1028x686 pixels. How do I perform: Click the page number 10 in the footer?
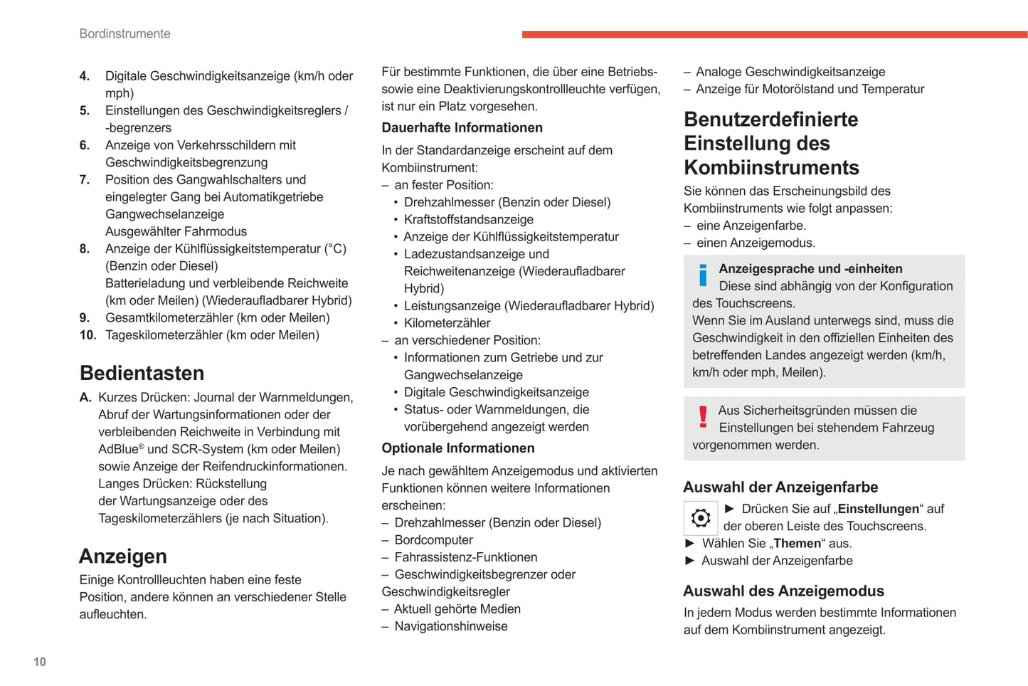(x=40, y=662)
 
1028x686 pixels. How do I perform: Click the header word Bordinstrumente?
(x=124, y=33)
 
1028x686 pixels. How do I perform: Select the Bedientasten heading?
(x=142, y=373)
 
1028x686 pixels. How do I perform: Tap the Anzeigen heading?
(x=123, y=556)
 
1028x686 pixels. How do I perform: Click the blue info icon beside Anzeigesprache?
(x=703, y=275)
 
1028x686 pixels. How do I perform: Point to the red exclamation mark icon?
(x=703, y=416)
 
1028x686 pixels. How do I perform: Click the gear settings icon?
(x=701, y=518)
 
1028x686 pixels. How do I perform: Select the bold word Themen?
(x=797, y=544)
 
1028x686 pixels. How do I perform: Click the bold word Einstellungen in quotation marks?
(x=878, y=509)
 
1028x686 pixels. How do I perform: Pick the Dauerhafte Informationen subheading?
(x=462, y=127)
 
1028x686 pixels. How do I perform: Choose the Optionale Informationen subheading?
(x=458, y=448)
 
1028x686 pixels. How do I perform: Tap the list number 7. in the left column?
(x=85, y=180)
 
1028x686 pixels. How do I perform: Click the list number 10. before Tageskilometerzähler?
(x=88, y=335)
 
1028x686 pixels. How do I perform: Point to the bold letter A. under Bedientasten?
(x=85, y=397)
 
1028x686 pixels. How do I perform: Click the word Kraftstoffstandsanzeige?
(x=468, y=220)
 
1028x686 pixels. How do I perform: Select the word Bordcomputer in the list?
(x=433, y=540)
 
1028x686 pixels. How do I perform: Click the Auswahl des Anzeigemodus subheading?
(x=783, y=591)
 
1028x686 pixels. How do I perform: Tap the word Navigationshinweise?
(x=451, y=627)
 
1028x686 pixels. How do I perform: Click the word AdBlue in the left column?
(x=119, y=450)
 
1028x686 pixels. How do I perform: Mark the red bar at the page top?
(x=774, y=34)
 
